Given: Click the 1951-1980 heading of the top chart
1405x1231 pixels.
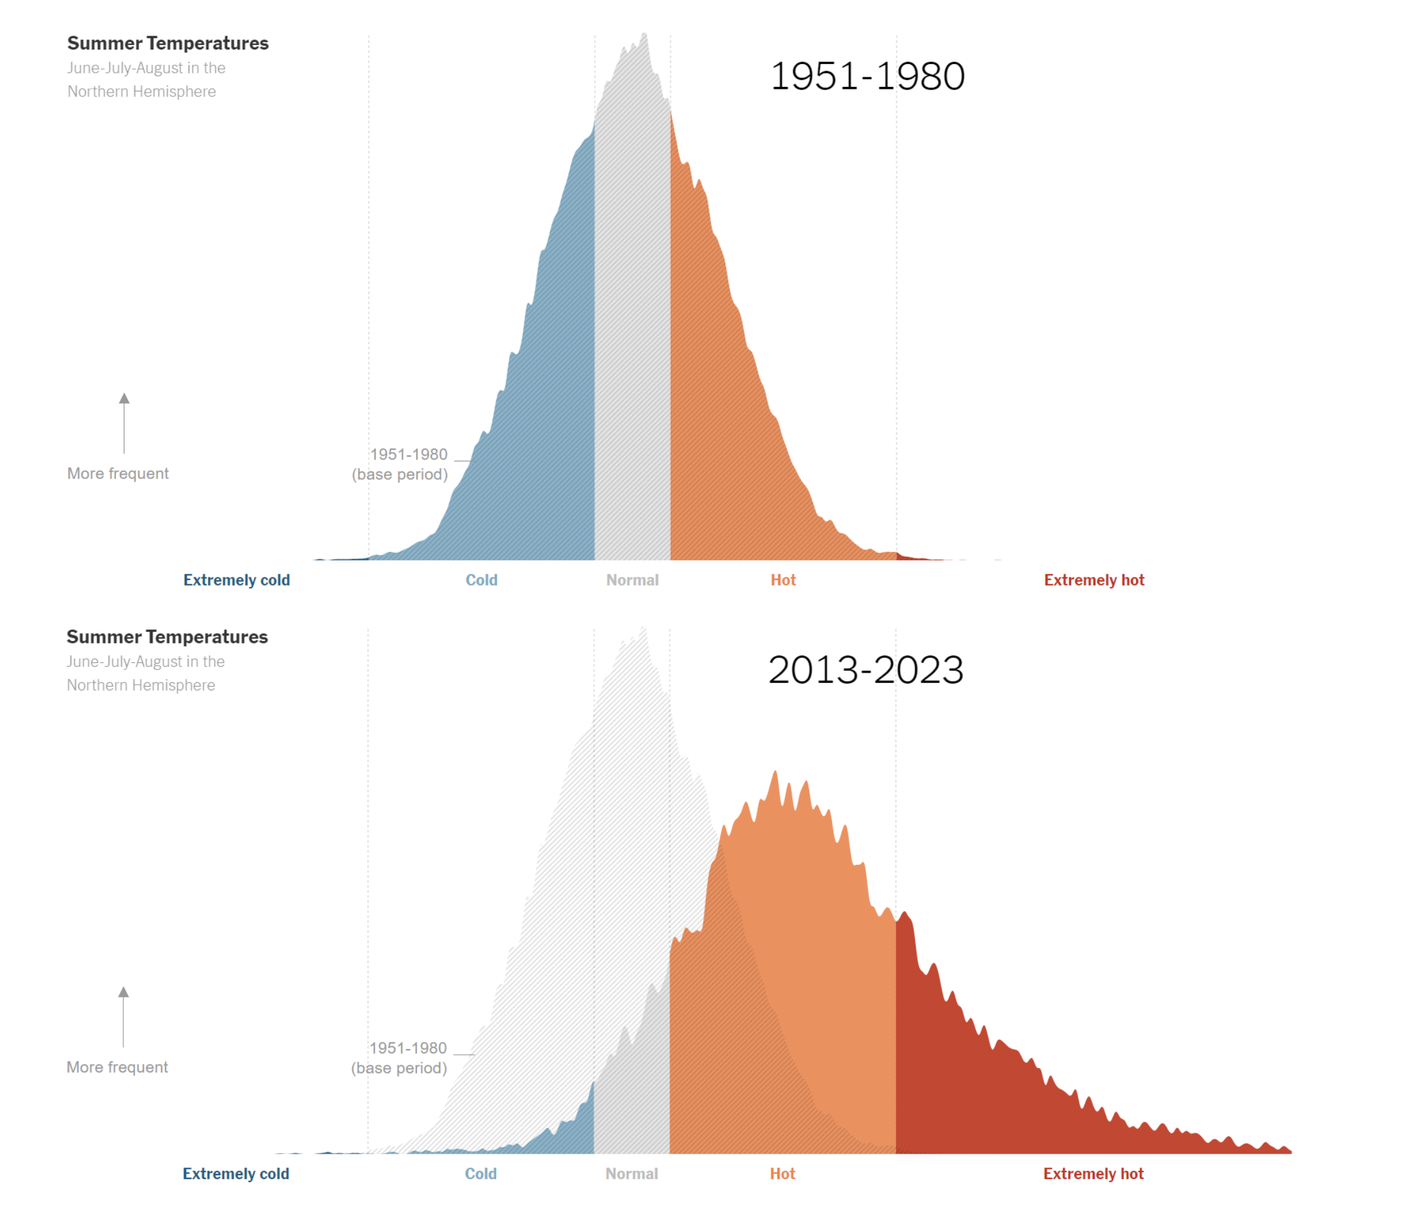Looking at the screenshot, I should [866, 76].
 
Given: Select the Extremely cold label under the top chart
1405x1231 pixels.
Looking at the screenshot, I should [236, 580].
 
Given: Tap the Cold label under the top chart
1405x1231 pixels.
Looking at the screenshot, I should [481, 580].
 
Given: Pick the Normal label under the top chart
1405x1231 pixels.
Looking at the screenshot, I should [631, 580].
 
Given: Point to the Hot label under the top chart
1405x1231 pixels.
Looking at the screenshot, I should [782, 580].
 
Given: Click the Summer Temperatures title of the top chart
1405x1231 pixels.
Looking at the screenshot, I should [168, 43].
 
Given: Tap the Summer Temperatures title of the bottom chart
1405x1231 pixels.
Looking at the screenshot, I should [167, 637].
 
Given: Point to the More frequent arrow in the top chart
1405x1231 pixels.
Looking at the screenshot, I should [124, 423].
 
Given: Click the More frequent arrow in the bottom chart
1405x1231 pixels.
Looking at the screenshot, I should [123, 1016].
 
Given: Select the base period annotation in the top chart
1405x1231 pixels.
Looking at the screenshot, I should [400, 464].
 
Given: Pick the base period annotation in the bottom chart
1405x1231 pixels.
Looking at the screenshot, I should [399, 1058].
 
